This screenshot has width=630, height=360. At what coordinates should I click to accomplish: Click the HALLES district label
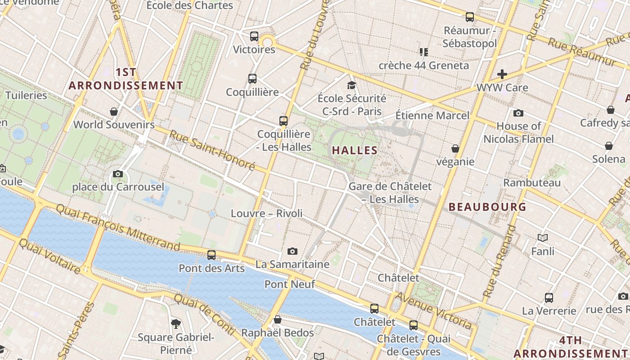click(355, 150)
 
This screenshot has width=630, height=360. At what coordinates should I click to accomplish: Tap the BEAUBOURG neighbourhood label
click(487, 207)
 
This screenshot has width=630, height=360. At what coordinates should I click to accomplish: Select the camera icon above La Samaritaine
click(292, 251)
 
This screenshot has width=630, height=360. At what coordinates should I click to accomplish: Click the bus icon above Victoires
click(254, 36)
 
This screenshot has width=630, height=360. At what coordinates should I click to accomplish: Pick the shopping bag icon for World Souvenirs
click(114, 111)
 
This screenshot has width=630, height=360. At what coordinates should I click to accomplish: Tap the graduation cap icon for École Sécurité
click(351, 85)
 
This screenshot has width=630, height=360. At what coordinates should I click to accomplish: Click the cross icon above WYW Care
click(502, 74)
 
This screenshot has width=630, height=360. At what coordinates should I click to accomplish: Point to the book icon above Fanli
click(543, 238)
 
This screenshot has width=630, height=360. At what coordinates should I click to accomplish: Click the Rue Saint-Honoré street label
click(212, 150)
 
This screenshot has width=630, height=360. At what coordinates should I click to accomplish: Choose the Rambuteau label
click(532, 183)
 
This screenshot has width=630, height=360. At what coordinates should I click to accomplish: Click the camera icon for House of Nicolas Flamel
click(518, 113)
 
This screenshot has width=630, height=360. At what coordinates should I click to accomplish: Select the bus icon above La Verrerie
click(549, 297)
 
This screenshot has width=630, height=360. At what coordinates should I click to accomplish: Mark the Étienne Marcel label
click(432, 116)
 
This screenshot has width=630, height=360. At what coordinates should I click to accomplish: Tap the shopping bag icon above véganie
click(455, 148)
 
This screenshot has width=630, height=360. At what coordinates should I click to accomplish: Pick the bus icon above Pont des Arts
click(211, 255)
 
